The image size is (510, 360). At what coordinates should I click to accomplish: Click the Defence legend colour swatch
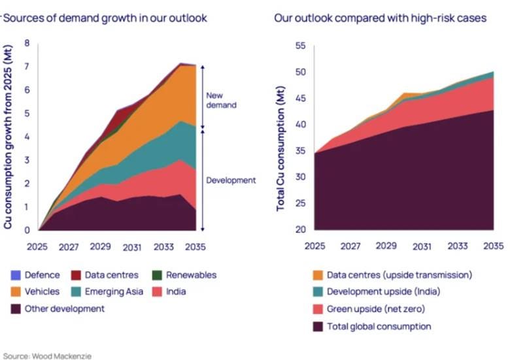[x=16, y=275]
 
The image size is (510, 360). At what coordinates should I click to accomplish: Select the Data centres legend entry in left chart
[x=105, y=275]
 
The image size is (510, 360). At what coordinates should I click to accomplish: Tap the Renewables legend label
[x=191, y=275]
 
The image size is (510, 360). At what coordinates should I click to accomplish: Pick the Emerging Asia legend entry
[x=107, y=292]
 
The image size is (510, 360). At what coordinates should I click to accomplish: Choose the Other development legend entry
[x=58, y=308]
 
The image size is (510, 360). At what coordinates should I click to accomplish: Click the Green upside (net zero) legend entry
[x=369, y=308]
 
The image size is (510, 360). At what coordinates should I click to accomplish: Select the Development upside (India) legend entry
[x=377, y=291]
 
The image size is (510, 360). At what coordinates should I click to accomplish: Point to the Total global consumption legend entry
[x=372, y=326]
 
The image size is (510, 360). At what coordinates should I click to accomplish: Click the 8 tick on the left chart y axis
[x=27, y=43]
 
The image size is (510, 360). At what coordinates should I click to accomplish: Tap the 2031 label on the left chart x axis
[x=132, y=248]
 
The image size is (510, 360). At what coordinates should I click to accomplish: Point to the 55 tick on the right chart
[x=301, y=46]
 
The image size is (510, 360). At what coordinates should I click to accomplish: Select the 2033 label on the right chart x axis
[x=457, y=246]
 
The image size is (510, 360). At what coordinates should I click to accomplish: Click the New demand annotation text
[x=221, y=100]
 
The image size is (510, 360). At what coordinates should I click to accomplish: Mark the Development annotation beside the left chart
[x=231, y=180]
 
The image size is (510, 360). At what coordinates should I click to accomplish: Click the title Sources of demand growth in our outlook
[x=105, y=18]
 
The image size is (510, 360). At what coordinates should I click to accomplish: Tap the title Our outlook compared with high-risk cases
[x=381, y=18]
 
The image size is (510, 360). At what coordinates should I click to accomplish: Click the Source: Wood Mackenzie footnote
[x=47, y=356]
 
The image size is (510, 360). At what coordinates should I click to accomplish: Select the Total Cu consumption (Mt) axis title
[x=280, y=148]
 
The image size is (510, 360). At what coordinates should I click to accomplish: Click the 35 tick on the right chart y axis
[x=301, y=151]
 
